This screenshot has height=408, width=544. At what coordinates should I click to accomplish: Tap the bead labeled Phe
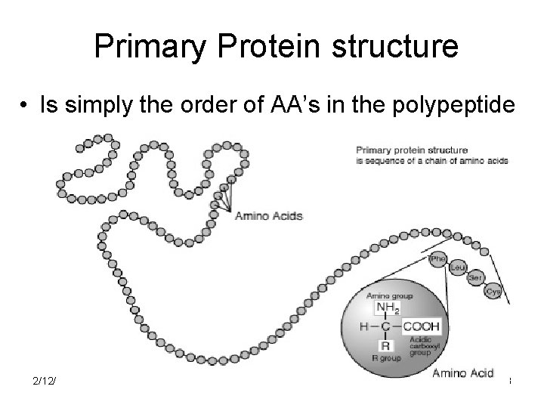pos(437,259)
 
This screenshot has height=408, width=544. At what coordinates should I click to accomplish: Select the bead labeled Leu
pos(457,268)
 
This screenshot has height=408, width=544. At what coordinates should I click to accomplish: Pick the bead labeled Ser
pos(476,278)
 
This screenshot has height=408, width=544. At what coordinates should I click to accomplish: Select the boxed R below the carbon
pos(386,345)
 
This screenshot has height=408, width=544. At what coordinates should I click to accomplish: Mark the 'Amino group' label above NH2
pos(389,296)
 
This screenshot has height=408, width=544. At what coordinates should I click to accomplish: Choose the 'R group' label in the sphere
pos(386,359)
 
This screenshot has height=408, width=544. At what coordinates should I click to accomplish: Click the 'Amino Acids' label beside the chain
pos(269,215)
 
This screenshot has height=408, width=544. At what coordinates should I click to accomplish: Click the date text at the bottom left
pos(43,380)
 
